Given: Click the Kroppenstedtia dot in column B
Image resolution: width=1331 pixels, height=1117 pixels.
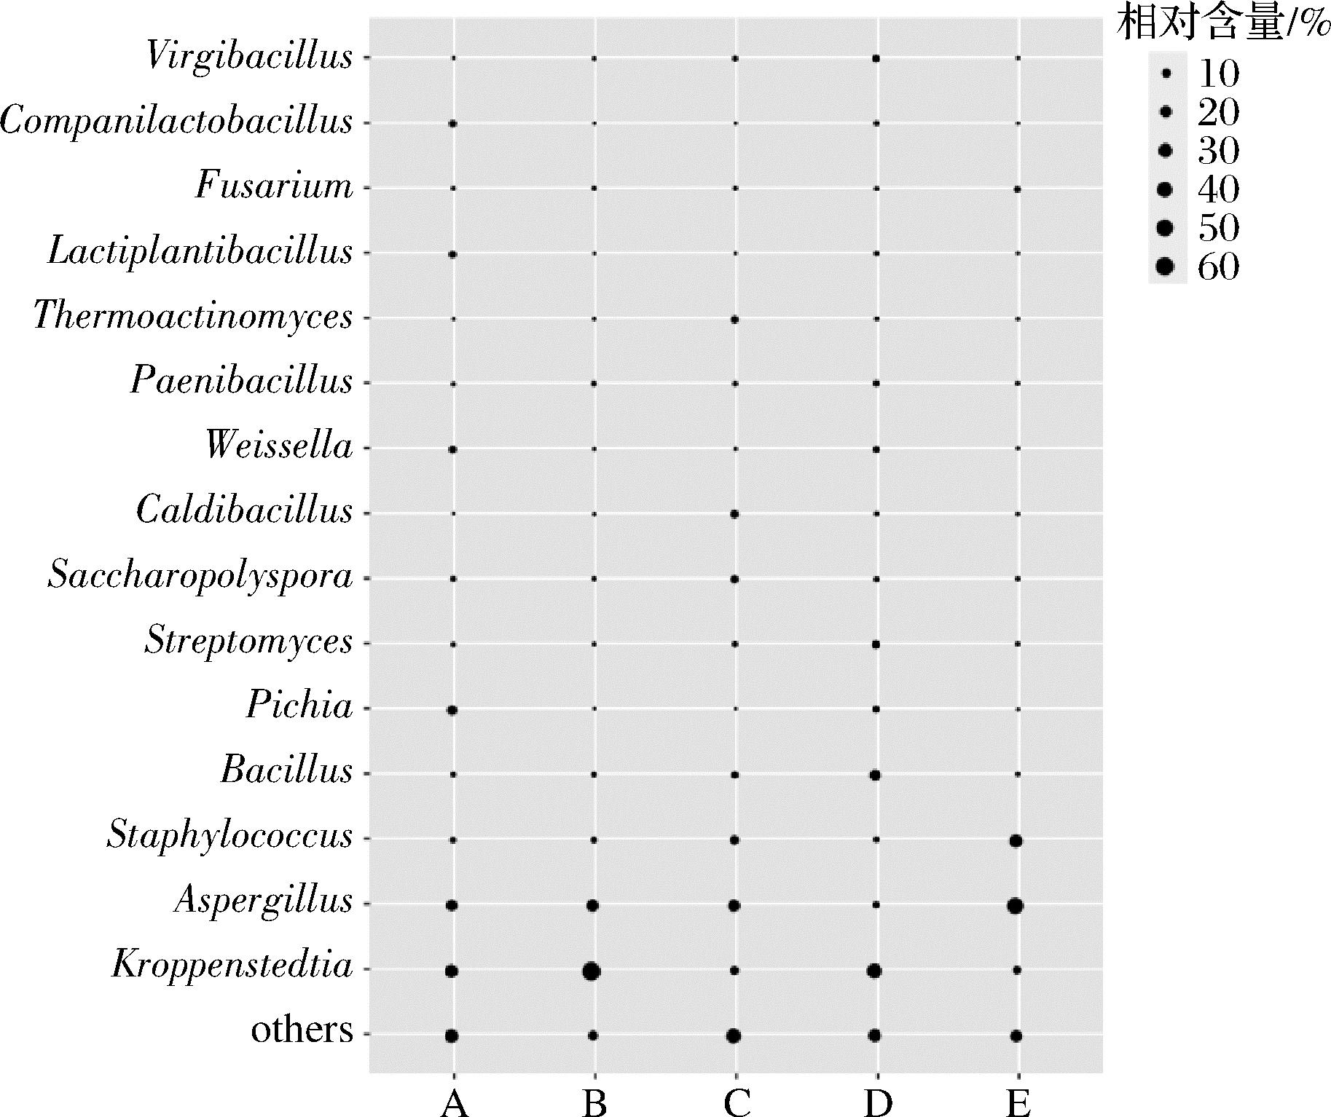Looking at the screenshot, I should point(592,971).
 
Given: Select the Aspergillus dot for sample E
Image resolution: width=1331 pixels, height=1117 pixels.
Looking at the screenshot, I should point(1016,907).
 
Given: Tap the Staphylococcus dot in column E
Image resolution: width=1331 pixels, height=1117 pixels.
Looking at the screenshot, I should point(1016,841).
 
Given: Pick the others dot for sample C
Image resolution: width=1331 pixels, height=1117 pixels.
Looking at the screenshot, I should point(734,1035).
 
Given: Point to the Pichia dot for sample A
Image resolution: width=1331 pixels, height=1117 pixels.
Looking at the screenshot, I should point(452,710).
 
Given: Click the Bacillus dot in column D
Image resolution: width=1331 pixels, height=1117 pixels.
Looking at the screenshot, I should point(875,775).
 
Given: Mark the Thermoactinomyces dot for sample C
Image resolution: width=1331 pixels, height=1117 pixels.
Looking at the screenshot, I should point(734,320).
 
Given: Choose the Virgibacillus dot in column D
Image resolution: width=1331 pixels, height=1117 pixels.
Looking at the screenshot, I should point(876,58).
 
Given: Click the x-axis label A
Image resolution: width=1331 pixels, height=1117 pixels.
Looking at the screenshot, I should point(453,1104).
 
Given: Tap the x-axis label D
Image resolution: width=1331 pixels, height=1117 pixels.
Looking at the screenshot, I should point(877,1104).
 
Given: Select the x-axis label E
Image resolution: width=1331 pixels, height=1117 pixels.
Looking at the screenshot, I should point(1018,1104).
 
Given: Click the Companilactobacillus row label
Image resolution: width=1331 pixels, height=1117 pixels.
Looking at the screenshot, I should point(177,122).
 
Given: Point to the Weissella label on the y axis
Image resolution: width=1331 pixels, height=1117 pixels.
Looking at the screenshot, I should point(279,446).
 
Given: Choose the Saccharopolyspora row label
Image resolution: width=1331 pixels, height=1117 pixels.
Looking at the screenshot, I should point(200,576).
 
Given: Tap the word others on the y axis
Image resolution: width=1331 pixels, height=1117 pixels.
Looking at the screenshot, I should point(302,1030).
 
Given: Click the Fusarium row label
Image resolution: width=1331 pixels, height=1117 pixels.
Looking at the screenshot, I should point(274,186).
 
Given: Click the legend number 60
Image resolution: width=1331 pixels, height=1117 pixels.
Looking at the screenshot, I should point(1218,267).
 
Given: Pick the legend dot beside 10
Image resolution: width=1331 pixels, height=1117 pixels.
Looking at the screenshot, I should point(1166,73).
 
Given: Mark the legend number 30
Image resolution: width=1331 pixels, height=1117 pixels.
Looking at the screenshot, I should point(1218,151).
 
